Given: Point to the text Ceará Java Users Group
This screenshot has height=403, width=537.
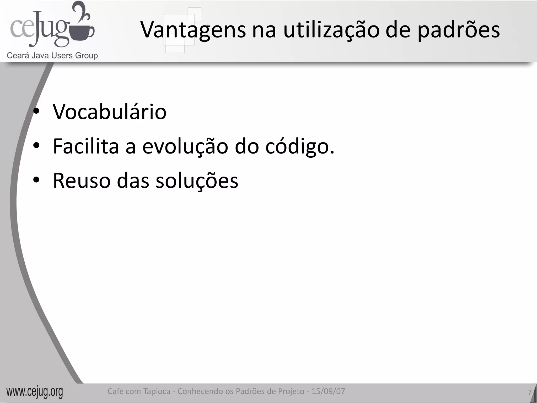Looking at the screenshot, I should [x=52, y=56].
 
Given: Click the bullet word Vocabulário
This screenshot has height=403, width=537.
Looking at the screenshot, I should [x=110, y=112].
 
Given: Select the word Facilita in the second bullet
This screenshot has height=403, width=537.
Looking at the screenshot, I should [x=86, y=146].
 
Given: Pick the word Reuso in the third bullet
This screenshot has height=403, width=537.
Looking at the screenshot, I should [x=82, y=181].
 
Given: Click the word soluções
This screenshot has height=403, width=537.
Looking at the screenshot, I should [x=197, y=181].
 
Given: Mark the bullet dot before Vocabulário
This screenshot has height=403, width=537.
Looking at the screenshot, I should [x=36, y=112].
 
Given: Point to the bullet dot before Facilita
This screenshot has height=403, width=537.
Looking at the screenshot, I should [x=36, y=146].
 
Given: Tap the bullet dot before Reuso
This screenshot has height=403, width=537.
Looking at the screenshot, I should [x=36, y=180].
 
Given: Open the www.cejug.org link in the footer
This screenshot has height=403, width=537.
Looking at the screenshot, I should [x=35, y=392].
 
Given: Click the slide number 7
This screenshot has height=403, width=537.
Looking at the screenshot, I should [x=529, y=393].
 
